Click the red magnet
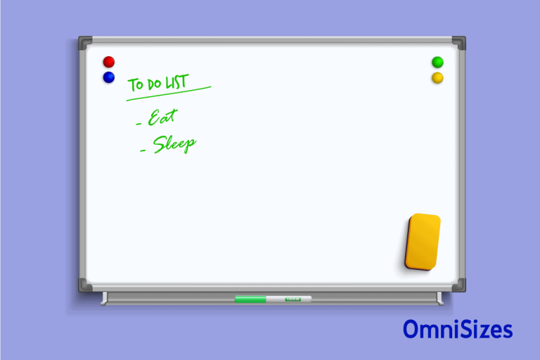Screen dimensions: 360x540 coord(108,62)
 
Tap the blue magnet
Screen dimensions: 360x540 coord(108,77)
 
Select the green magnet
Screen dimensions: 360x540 coord(437,62)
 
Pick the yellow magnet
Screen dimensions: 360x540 coord(437,77)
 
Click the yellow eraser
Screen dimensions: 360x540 coord(423,242)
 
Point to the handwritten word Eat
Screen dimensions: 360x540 coord(162,117)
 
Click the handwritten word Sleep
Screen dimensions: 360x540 coord(175,144)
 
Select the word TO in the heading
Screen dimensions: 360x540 coord(135,86)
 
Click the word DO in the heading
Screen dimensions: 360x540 coord(153,84)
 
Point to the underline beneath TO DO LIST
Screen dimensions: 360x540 coord(169,94)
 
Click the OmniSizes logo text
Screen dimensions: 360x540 coord(458,329)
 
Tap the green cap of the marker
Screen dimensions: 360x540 coord(250,300)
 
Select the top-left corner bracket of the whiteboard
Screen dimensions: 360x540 coord(85,43)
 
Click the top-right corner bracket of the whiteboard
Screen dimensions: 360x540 coord(458,43)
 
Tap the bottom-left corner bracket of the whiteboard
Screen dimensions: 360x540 coord(85,284)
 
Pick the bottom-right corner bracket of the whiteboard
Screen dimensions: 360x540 coord(458,284)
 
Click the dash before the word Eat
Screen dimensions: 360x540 coord(139,124)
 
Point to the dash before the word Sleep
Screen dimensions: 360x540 coord(144,150)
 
